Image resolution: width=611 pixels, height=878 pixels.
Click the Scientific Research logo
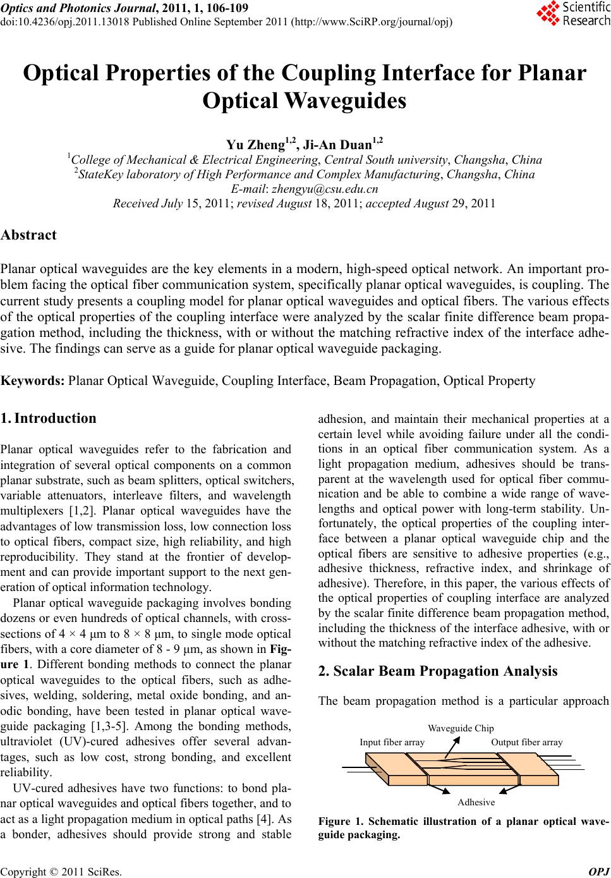(x=572, y=14)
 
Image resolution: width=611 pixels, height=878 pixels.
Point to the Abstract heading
(x=29, y=235)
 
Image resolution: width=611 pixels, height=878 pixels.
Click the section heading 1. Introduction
(x=49, y=418)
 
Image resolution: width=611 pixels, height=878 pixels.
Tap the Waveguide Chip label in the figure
(x=461, y=728)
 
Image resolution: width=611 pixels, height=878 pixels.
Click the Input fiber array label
(x=392, y=742)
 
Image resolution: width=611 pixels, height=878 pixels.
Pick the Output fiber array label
(x=526, y=742)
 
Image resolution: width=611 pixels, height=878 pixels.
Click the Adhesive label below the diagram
(x=476, y=802)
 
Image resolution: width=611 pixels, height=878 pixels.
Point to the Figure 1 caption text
(x=464, y=828)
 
